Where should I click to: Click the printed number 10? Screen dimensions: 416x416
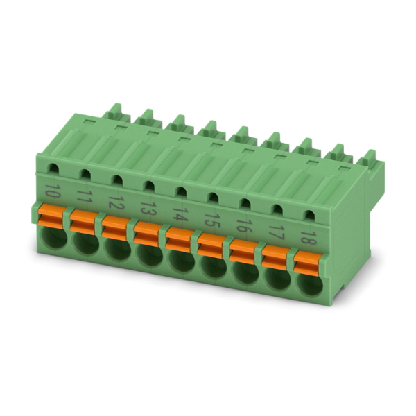pos(53,190)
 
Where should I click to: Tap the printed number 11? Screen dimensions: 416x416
pos(84,196)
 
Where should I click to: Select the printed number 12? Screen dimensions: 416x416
pos(116,203)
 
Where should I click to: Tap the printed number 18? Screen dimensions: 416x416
pos(306,237)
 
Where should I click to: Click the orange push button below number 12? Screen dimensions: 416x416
pos(114,228)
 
